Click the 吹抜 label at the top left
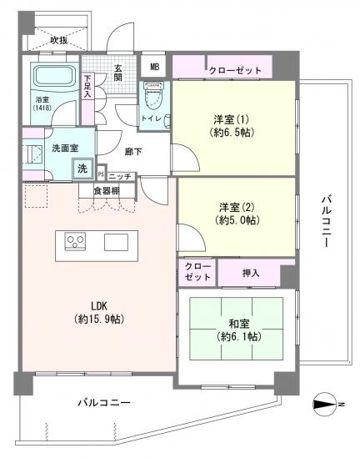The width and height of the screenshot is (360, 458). click(x=58, y=40)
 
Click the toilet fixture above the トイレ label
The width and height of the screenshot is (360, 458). click(x=152, y=94)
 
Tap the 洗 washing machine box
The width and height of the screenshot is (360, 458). click(x=82, y=169)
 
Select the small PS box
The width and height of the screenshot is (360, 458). click(x=101, y=175)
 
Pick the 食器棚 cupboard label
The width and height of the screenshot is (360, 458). click(x=105, y=191)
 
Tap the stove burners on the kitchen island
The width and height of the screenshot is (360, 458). click(x=76, y=243)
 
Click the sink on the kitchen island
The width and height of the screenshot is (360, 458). click(x=115, y=243)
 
